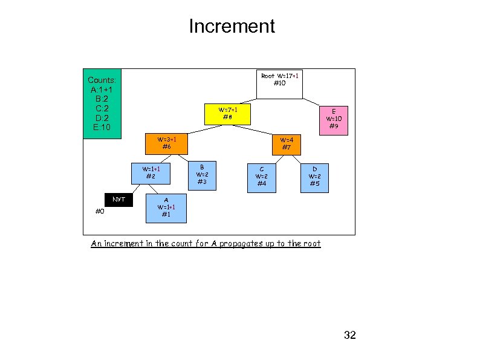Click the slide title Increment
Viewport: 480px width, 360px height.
[232, 27]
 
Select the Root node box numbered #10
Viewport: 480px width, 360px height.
[279, 84]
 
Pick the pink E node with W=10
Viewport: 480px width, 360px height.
[333, 119]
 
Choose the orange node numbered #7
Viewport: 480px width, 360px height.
[286, 143]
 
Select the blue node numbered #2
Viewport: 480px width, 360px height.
[151, 172]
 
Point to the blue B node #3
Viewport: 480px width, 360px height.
[202, 175]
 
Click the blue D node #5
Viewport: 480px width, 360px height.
[314, 177]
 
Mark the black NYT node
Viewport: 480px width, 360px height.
[119, 199]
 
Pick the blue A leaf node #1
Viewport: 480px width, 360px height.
[166, 208]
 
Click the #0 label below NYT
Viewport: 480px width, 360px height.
[100, 211]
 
